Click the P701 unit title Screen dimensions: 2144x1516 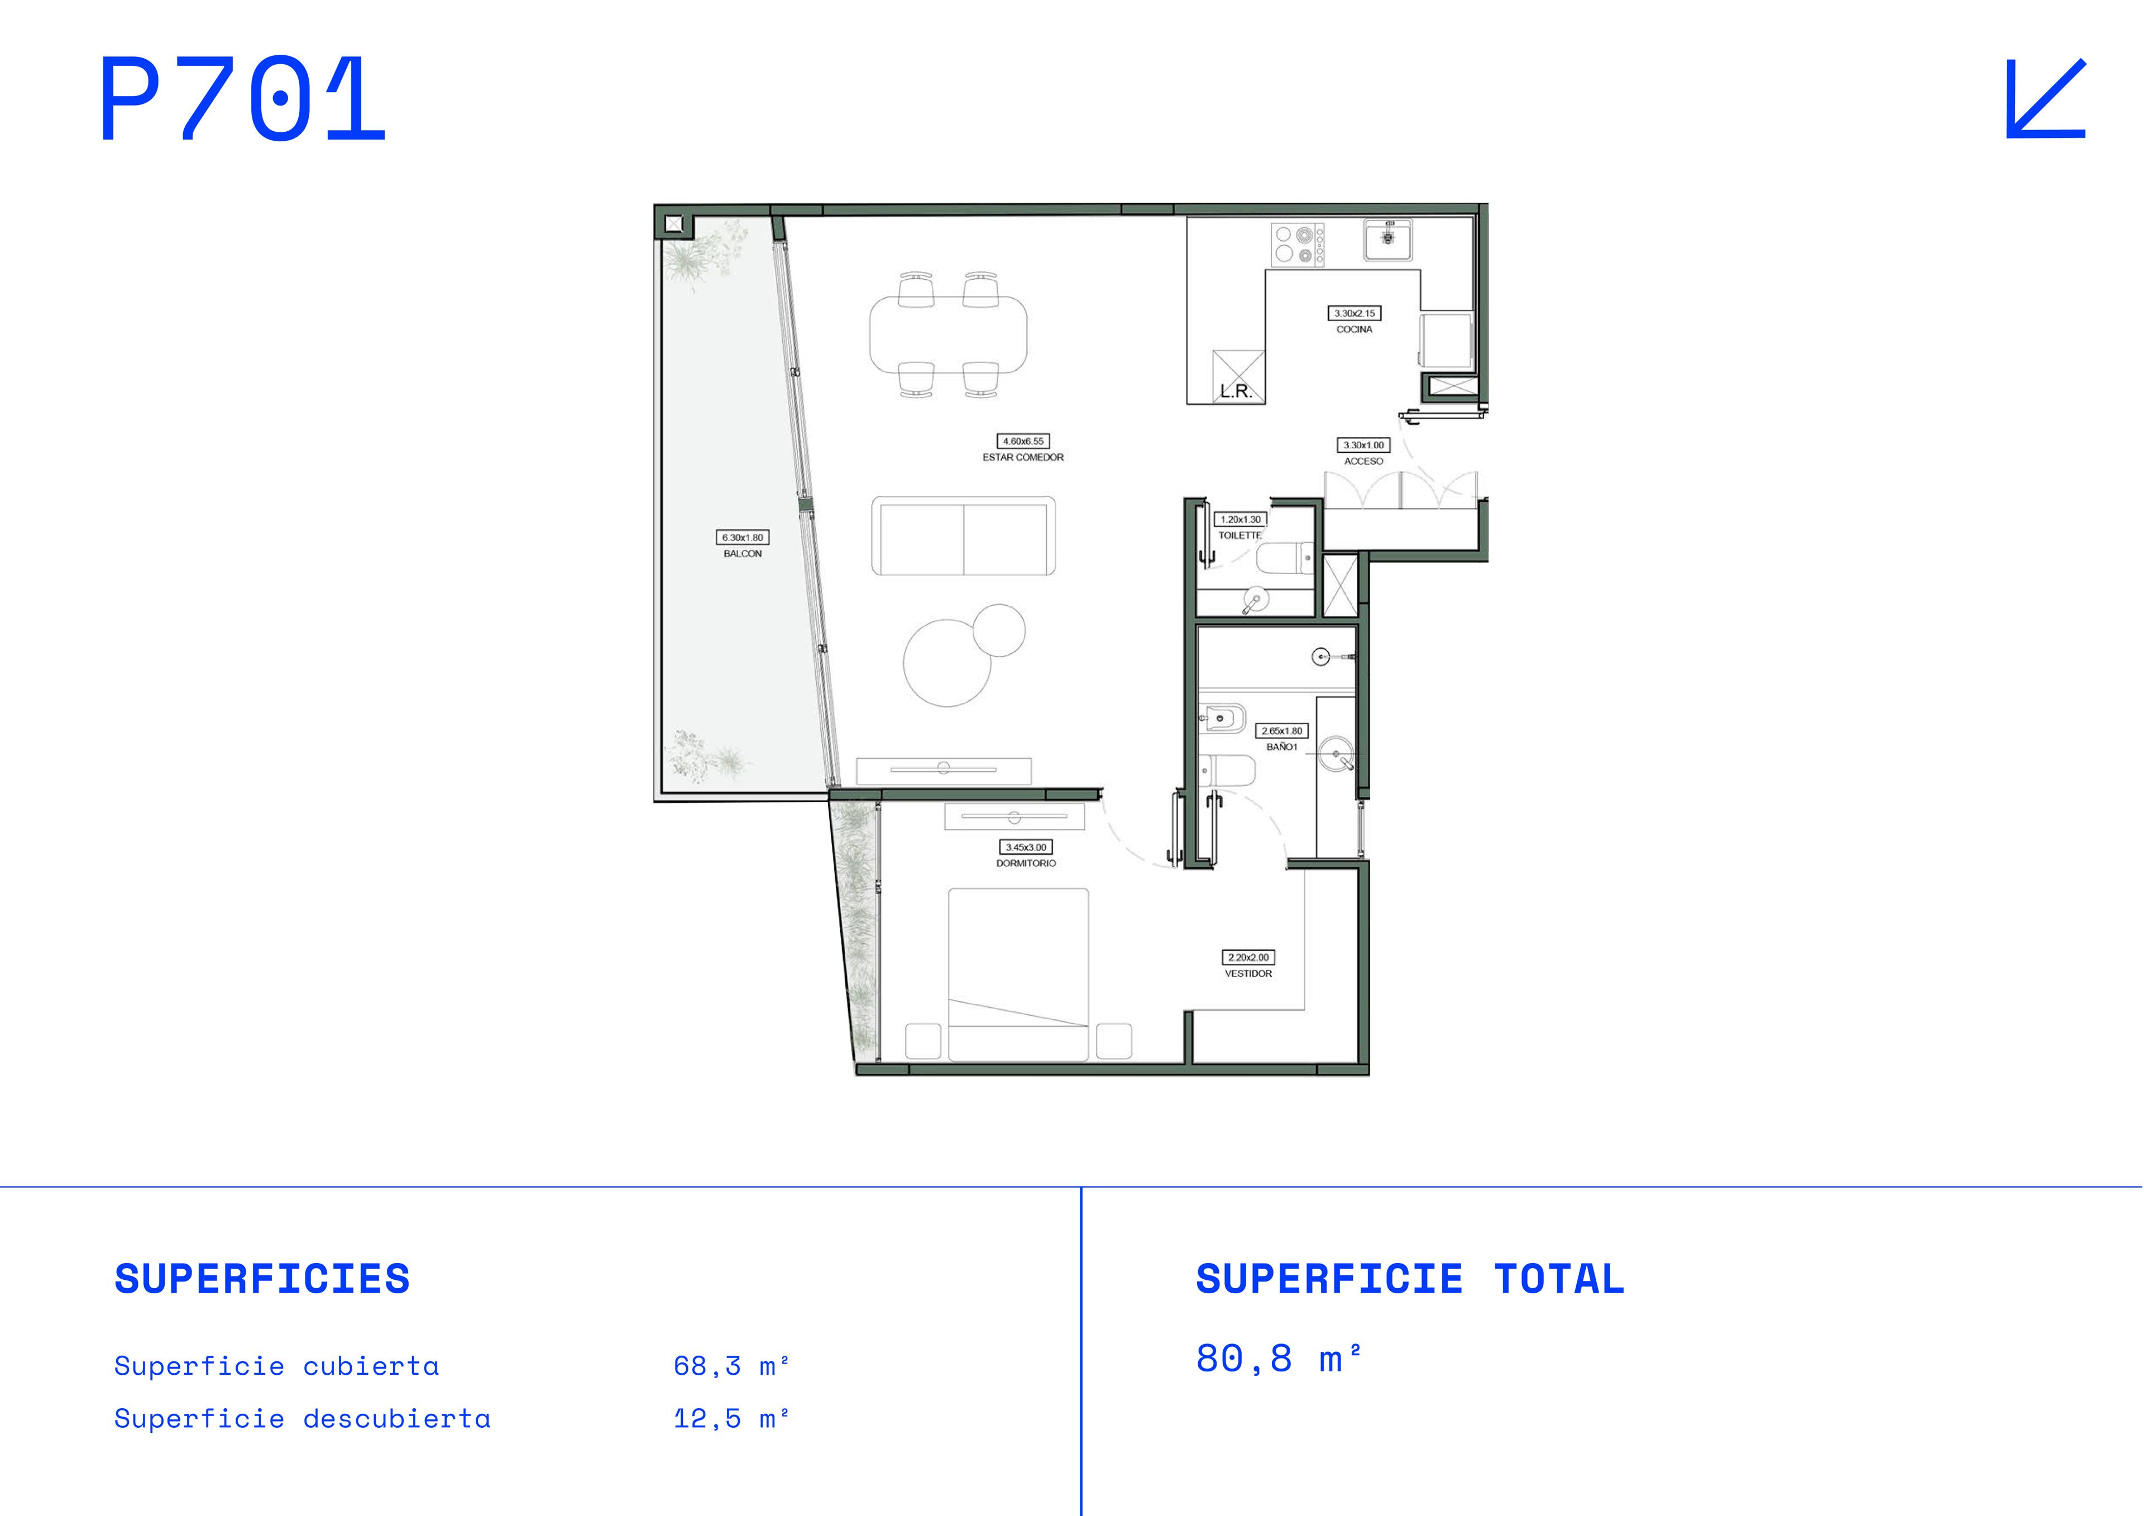pos(243,99)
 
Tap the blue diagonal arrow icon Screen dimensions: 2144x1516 pos(2046,99)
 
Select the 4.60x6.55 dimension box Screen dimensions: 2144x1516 pos(1023,441)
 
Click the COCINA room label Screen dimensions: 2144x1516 pos(1354,330)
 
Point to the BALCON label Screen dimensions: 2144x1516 pos(743,554)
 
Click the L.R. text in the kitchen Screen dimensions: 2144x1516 pos(1236,391)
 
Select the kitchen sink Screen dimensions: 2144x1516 pos(1387,239)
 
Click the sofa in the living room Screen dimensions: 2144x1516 pos(963,536)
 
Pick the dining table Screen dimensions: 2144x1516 pos(948,334)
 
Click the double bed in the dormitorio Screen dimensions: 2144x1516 pos(1018,974)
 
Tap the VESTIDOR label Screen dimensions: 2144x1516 pos(1248,973)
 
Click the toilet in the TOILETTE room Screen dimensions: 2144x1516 pos(1285,558)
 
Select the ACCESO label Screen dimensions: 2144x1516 pos(1363,461)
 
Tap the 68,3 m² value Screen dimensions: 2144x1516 pos(731,1366)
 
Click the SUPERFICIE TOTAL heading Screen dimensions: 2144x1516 pos(1410,1279)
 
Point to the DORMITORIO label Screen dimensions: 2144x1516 pos(1025,863)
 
